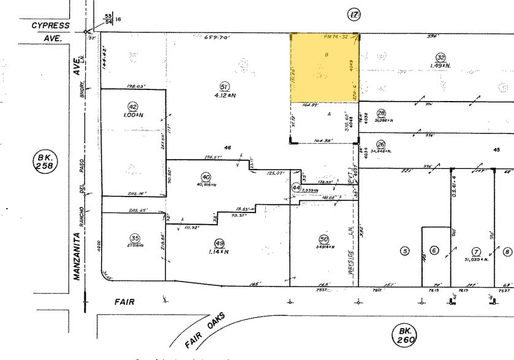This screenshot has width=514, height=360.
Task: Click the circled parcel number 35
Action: click(x=134, y=238)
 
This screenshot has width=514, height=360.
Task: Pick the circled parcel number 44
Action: click(x=296, y=188)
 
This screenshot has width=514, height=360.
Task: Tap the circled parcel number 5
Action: click(x=404, y=250)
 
